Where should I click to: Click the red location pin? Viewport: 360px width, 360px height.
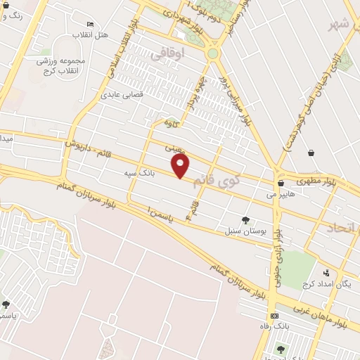[181, 165]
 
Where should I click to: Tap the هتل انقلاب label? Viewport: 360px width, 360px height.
[92, 34]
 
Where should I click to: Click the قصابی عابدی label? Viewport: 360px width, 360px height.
[122, 94]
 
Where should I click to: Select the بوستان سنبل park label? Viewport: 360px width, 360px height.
[243, 231]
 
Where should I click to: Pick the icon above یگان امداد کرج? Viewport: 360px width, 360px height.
[326, 274]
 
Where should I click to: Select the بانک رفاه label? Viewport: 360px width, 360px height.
[274, 327]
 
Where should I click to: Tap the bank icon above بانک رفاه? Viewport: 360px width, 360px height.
[274, 316]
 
